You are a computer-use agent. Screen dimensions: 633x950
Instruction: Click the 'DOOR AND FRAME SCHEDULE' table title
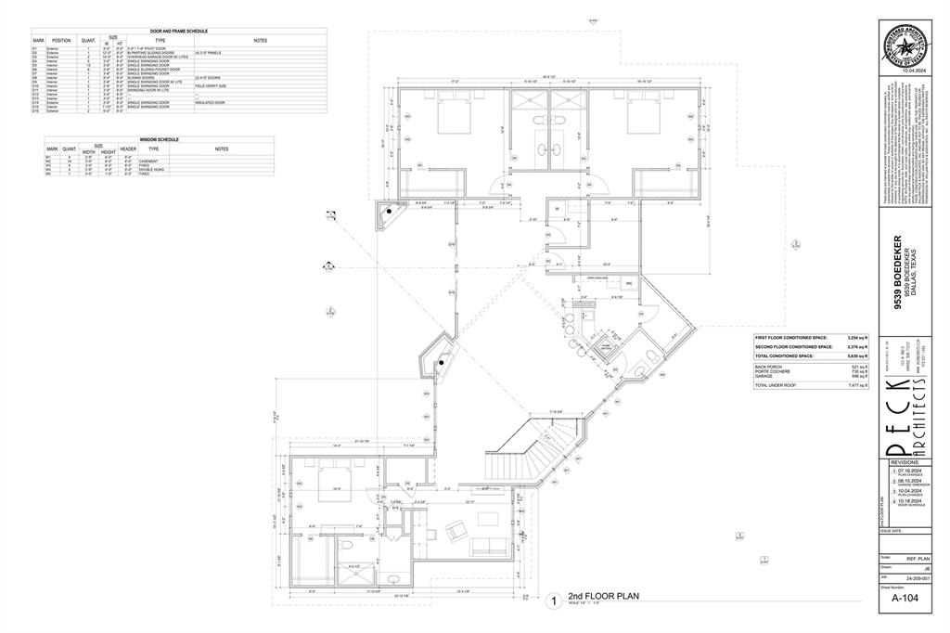179,32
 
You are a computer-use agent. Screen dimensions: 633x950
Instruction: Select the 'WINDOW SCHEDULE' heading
160,139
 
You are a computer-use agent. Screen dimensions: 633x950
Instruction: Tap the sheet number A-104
905,600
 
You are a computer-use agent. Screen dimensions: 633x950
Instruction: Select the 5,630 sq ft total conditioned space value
858,355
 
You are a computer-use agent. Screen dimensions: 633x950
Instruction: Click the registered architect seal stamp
905,46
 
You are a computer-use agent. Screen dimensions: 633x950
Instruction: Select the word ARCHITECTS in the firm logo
905,418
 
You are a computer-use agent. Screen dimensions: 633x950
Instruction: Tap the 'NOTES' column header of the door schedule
260,41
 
